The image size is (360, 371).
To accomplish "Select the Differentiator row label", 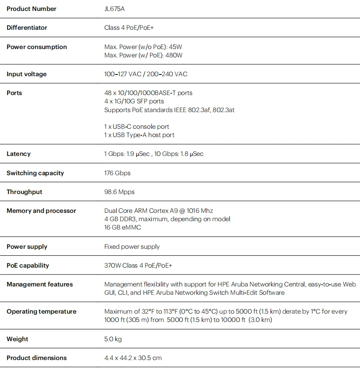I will point(27,28).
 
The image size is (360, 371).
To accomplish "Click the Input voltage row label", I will point(26,74).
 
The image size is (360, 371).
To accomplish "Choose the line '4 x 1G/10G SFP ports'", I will point(134,101).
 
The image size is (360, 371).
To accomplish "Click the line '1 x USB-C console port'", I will point(136,127).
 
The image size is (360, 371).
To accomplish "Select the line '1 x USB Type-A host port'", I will point(139,135).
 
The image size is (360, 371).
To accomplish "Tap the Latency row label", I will point(18,154).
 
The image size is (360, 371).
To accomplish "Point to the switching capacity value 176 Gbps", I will point(117,173).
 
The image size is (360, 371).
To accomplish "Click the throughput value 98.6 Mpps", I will point(119,192).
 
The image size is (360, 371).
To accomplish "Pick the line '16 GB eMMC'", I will point(122,227).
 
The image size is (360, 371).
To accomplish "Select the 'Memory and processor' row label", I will point(41,211).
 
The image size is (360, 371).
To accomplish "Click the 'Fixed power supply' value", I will point(132,247).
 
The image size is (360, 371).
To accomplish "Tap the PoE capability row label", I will point(28,265).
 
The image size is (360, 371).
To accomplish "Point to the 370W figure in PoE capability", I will point(112,265).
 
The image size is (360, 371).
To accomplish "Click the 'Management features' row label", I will point(39,284).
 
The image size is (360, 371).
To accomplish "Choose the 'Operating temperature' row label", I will point(41,311).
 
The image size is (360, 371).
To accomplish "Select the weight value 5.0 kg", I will point(113,339).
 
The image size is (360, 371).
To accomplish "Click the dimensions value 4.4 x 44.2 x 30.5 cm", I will point(133,358).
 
